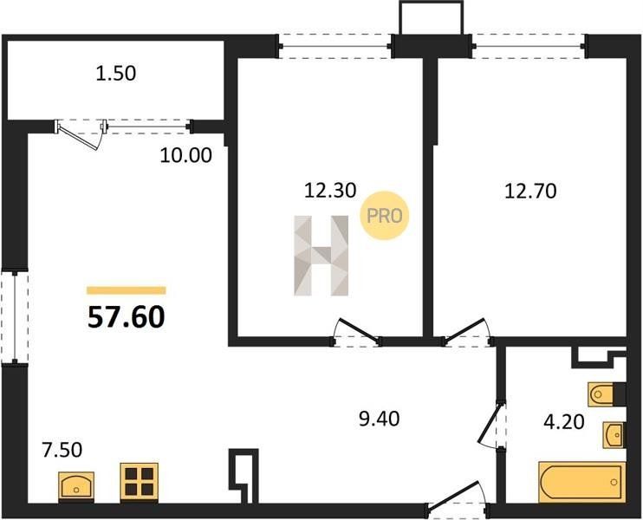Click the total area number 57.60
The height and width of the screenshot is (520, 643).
pyautogui.click(x=127, y=317)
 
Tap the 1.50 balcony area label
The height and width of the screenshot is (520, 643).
pyautogui.click(x=115, y=74)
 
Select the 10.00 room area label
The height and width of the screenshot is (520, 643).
pyautogui.click(x=185, y=155)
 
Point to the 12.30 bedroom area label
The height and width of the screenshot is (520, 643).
pyautogui.click(x=330, y=191)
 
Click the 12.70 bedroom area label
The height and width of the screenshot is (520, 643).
pyautogui.click(x=530, y=192)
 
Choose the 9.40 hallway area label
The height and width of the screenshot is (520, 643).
pyautogui.click(x=379, y=419)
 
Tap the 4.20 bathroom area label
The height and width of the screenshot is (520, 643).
pyautogui.click(x=564, y=422)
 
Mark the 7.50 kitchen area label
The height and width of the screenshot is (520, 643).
pyautogui.click(x=62, y=450)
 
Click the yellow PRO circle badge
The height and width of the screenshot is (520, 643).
pyautogui.click(x=384, y=216)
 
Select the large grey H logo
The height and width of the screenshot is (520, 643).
pyautogui.click(x=321, y=256)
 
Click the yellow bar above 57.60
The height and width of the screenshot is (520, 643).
pyautogui.click(x=127, y=290)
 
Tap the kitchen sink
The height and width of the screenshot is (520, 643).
pyautogui.click(x=76, y=486)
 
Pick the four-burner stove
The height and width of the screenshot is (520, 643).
pyautogui.click(x=139, y=482)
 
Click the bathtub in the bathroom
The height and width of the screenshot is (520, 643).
pyautogui.click(x=582, y=482)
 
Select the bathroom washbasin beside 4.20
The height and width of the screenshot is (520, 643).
pyautogui.click(x=614, y=435)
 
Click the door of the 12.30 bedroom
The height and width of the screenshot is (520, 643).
pyautogui.click(x=356, y=330)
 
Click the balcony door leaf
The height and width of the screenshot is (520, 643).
pyautogui.click(x=79, y=137)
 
